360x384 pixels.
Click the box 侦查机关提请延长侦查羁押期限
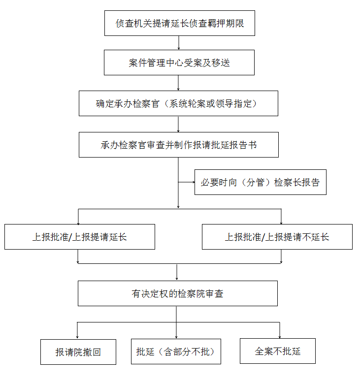point(180,23)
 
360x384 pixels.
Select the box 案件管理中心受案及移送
point(179,63)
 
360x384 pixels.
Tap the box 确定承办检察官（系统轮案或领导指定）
point(178,103)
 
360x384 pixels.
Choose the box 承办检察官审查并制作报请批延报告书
point(179,145)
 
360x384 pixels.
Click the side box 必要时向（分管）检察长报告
point(260,182)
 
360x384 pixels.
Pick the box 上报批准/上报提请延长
point(80,237)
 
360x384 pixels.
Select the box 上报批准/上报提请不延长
point(277,237)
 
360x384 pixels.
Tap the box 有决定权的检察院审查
point(178,293)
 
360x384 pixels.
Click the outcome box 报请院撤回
point(78,352)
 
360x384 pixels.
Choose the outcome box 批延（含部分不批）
point(176,352)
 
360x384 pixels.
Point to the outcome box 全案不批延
point(278,351)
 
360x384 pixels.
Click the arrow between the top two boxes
point(179,43)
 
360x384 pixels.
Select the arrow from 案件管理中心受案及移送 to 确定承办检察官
point(178,83)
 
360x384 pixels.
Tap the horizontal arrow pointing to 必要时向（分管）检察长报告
point(187,182)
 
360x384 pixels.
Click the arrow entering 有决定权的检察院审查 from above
point(177,272)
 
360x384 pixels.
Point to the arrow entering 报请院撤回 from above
point(77,330)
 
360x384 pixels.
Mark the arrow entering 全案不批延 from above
point(280,330)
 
